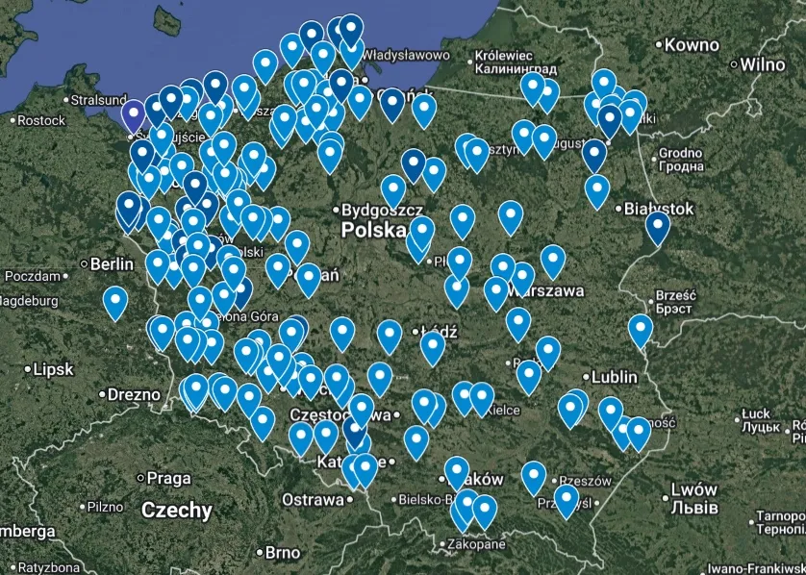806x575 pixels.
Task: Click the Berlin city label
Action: tap(113, 263)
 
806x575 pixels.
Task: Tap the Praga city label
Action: tap(169, 478)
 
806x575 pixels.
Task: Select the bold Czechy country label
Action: tap(176, 511)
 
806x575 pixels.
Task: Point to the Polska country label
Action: tap(373, 231)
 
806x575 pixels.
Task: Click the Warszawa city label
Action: tap(549, 289)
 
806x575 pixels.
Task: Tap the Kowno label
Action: tap(692, 45)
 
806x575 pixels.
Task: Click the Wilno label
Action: tap(763, 64)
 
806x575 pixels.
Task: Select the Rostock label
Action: tap(41, 120)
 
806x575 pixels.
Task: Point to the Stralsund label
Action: tap(98, 99)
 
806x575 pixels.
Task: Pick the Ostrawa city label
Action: tap(313, 500)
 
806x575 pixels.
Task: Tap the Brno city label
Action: tap(282, 553)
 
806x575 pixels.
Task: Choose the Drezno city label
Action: tap(134, 394)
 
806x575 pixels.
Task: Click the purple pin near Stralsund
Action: tap(134, 116)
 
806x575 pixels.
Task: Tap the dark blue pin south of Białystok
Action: tap(658, 227)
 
